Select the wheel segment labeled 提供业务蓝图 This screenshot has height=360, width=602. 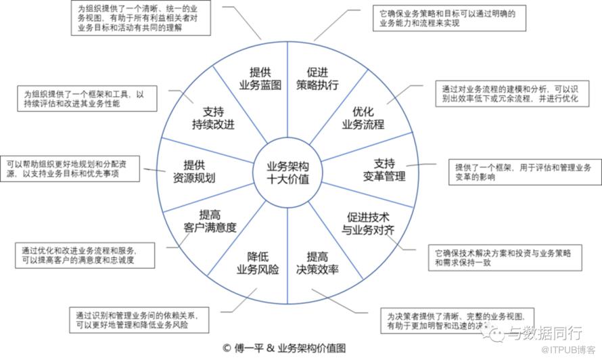click(256, 78)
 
